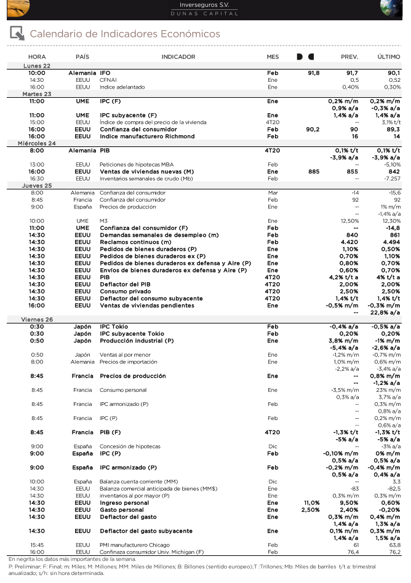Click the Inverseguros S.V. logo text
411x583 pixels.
pos(205,5)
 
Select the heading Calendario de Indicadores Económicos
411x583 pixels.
pos(125,34)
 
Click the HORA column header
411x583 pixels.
pos(37,57)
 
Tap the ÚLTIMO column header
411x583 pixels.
pos(388,57)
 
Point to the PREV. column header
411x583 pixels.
pos(349,57)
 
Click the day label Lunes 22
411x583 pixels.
pos(37,66)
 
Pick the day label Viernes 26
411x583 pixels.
pos(37,320)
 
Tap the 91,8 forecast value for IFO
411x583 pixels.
pos(313,73)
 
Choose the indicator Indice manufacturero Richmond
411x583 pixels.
pos(138,137)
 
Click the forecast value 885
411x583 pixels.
pos(314,172)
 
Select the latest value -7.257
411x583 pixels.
pos(390,178)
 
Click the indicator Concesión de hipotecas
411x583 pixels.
pos(130,446)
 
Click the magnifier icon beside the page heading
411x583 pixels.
pos(17,34)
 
